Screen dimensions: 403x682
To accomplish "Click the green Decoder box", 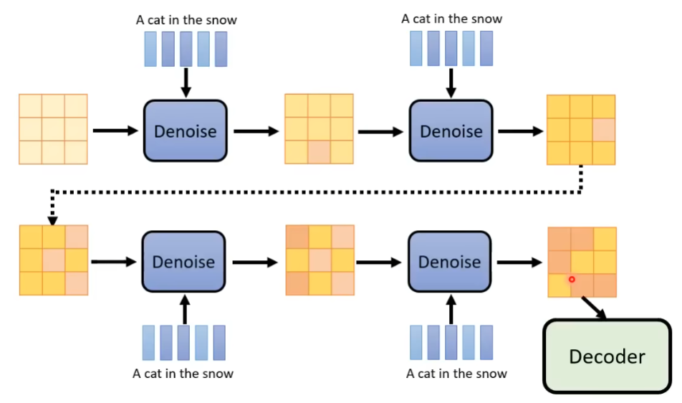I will [x=606, y=356].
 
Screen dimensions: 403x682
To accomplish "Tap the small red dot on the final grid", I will [x=572, y=279].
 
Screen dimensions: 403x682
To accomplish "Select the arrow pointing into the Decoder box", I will [x=594, y=308].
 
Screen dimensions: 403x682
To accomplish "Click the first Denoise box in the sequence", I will [x=186, y=131].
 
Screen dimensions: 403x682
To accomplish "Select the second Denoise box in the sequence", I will [x=451, y=131].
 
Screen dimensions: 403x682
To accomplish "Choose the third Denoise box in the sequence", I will [x=183, y=262].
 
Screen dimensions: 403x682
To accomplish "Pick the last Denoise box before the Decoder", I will [x=449, y=262].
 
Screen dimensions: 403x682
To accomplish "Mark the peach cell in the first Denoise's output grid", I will [x=319, y=152].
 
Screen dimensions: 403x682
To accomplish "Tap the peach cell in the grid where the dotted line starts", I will [x=604, y=130].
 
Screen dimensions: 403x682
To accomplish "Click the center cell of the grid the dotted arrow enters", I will [x=54, y=260].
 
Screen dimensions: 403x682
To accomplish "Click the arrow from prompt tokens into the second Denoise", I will [x=451, y=83].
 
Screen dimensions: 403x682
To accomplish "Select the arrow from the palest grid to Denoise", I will [x=114, y=131].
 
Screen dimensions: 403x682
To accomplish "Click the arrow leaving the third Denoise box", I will [x=251, y=262].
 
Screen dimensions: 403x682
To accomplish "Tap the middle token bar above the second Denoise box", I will [x=451, y=49].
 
